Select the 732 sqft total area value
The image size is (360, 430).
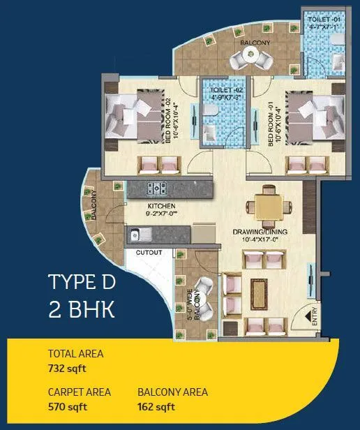[67, 369]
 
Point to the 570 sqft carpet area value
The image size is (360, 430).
[67, 407]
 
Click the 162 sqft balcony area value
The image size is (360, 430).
[156, 407]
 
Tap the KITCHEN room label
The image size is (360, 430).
[160, 206]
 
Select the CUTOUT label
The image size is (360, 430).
[149, 251]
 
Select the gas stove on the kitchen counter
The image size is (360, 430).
[159, 188]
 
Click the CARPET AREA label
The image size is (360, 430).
[79, 392]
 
